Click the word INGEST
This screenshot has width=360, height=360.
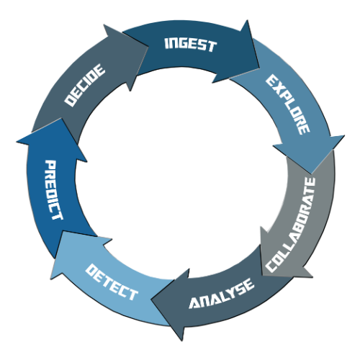[191, 45]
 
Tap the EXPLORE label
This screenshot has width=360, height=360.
[288, 104]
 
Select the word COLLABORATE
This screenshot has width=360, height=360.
[291, 225]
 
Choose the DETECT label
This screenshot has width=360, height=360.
[112, 282]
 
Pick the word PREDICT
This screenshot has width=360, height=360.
[54, 190]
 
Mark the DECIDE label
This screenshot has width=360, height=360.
[85, 85]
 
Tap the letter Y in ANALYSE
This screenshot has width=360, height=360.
[230, 293]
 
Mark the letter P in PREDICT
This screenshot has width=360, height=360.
[51, 164]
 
